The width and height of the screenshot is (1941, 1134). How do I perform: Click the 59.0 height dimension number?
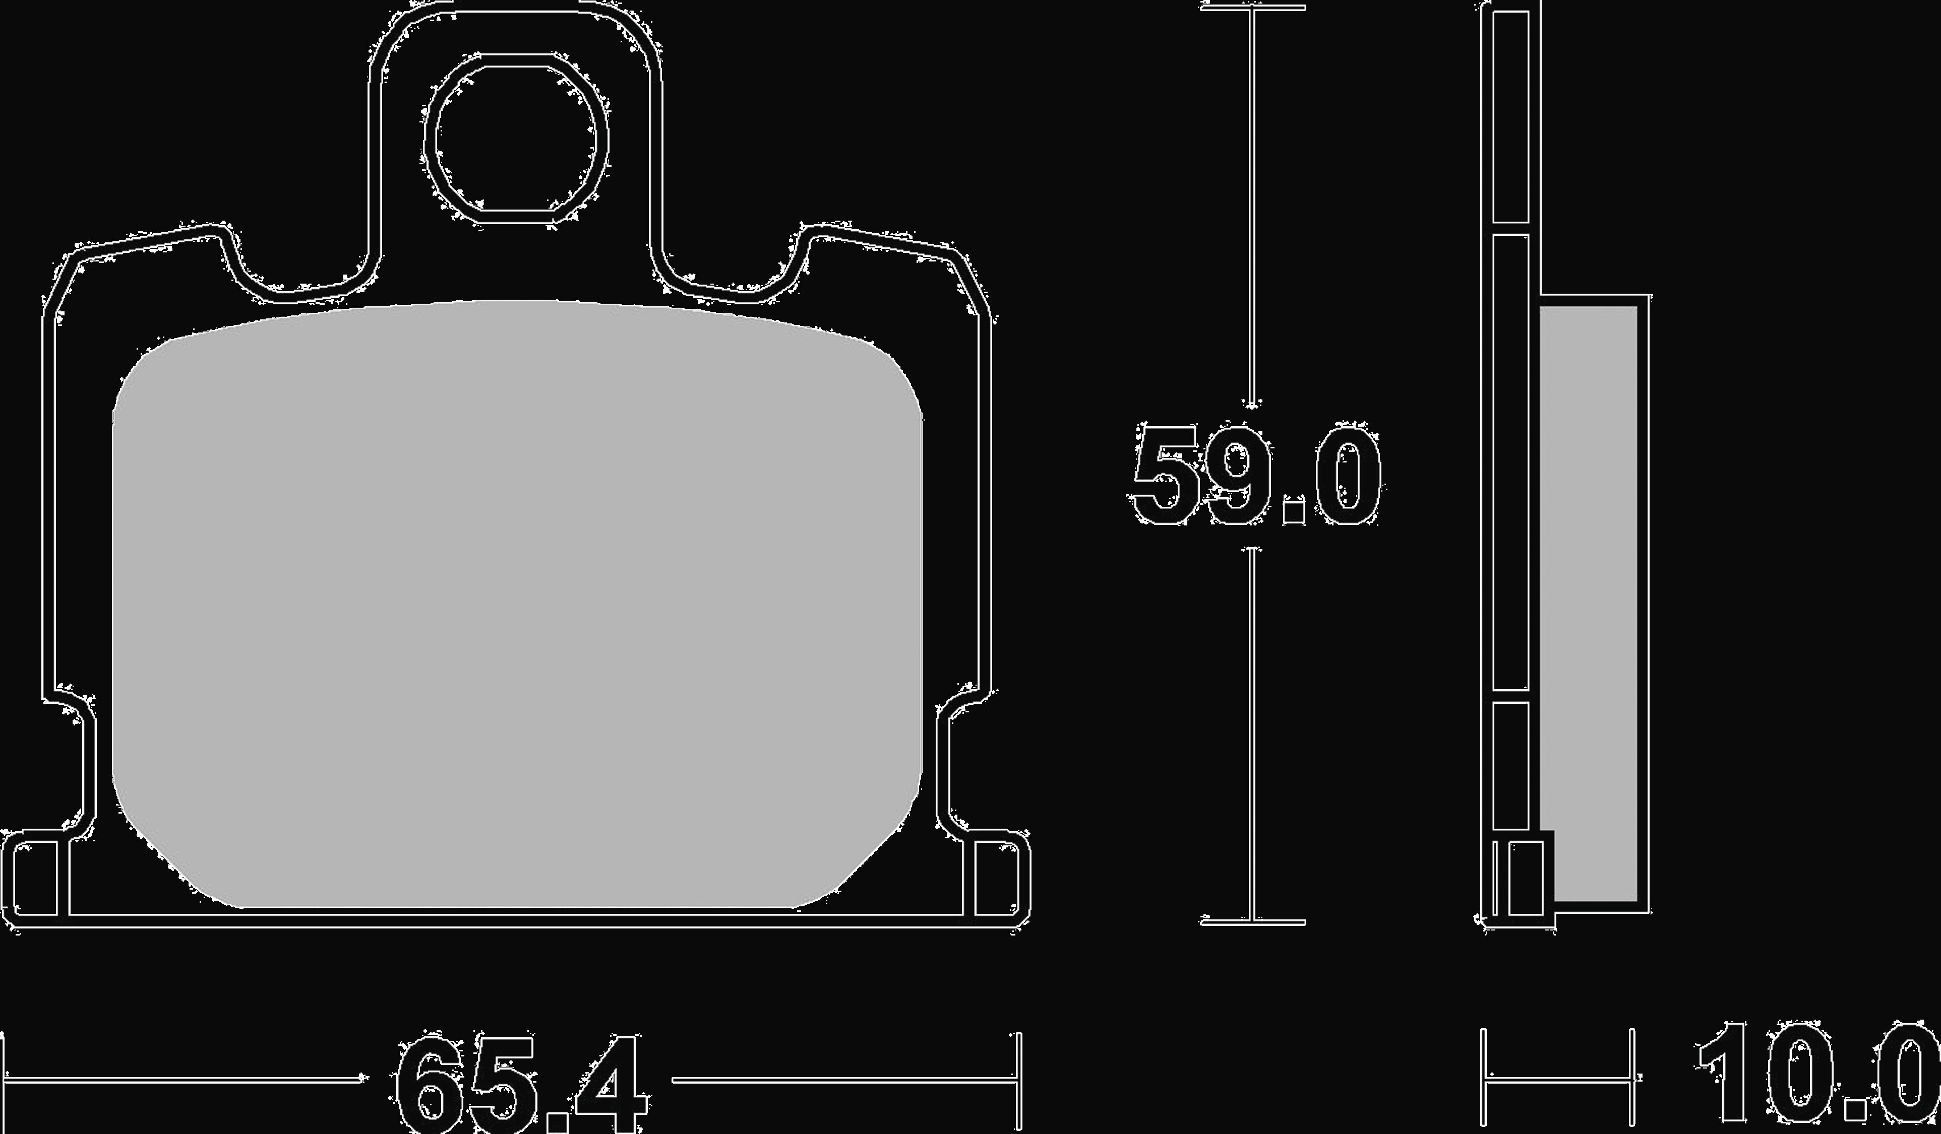point(1255,476)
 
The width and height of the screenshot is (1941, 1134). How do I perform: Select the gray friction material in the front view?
point(517,604)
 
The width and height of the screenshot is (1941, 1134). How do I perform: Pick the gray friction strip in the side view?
point(1588,604)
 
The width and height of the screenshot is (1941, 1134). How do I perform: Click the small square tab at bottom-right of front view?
point(997,879)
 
